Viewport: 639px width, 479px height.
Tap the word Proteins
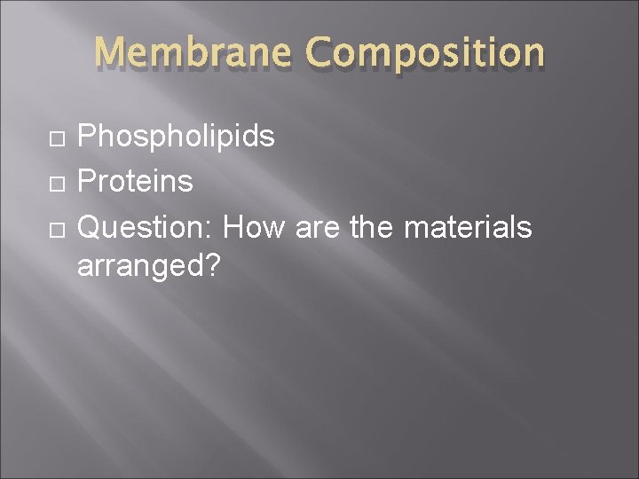pos(135,182)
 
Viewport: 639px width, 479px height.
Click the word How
pos(254,228)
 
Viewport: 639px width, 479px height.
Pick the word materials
pos(468,228)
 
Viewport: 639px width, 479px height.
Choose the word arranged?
pos(148,267)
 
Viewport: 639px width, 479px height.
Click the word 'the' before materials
pos(372,228)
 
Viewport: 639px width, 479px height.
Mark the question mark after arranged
pos(211,267)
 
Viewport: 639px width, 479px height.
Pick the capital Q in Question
pos(90,228)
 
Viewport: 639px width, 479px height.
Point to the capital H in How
pos(234,228)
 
